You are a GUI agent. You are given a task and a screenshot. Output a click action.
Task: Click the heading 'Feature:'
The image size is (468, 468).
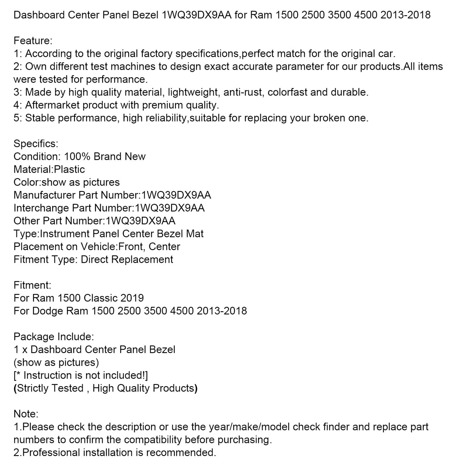tap(33, 41)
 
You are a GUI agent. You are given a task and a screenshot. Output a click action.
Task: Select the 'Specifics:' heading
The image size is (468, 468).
tap(36, 144)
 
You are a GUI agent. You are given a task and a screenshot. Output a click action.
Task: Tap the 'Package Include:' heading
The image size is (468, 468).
tap(53, 337)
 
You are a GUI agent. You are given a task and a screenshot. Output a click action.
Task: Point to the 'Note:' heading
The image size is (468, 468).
tap(26, 414)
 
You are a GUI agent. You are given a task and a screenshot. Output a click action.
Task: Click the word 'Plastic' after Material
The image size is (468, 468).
tap(69, 169)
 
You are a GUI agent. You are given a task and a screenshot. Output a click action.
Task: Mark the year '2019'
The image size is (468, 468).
tap(132, 298)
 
